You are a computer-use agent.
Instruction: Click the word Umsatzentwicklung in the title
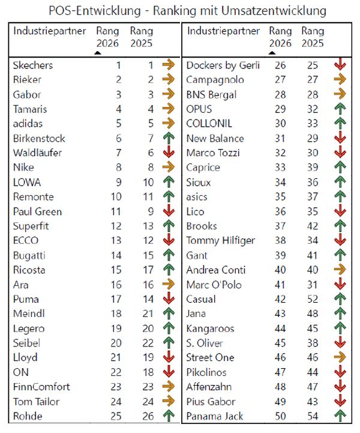click(x=274, y=11)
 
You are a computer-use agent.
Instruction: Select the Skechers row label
click(x=33, y=65)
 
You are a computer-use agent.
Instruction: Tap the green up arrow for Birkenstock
click(x=169, y=138)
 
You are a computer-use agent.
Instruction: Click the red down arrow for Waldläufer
click(x=169, y=152)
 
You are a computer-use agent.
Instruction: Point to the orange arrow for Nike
click(x=169, y=167)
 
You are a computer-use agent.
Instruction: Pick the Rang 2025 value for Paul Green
click(x=151, y=211)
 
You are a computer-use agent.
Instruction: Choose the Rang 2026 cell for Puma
click(x=116, y=299)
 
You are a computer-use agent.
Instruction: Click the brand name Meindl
click(x=29, y=313)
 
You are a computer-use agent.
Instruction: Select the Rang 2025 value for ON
click(x=148, y=372)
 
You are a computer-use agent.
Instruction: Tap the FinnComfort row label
click(x=41, y=387)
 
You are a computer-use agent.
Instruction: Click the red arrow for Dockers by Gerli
click(x=340, y=64)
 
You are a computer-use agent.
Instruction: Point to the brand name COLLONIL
click(x=209, y=124)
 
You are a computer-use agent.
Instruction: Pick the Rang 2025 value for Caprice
click(x=313, y=167)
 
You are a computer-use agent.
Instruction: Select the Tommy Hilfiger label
click(x=220, y=241)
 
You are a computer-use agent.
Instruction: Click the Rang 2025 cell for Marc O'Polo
click(x=312, y=285)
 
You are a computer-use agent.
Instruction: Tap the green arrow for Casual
click(x=340, y=298)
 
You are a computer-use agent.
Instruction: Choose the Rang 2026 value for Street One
click(x=280, y=357)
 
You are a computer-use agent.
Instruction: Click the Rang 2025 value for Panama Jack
click(x=313, y=416)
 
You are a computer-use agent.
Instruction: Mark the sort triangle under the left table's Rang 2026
click(x=98, y=53)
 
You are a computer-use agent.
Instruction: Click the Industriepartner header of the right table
click(x=223, y=31)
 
